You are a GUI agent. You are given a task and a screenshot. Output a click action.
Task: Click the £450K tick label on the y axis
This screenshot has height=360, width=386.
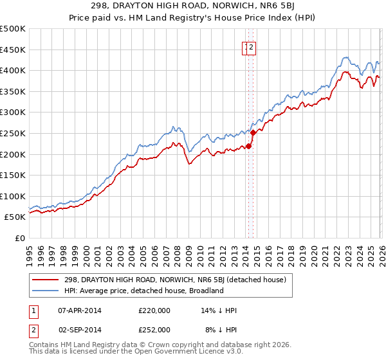(x=13, y=50)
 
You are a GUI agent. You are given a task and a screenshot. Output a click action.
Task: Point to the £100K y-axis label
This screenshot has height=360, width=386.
(x=13, y=196)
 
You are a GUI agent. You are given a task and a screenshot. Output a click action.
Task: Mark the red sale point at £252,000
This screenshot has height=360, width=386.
(x=253, y=132)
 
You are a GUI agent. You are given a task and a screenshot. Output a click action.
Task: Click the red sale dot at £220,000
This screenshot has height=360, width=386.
(x=248, y=146)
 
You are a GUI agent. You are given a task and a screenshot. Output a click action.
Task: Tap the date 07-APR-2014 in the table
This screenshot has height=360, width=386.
(x=79, y=310)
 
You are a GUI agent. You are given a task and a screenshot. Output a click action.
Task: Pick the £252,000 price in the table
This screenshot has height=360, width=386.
(x=154, y=329)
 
